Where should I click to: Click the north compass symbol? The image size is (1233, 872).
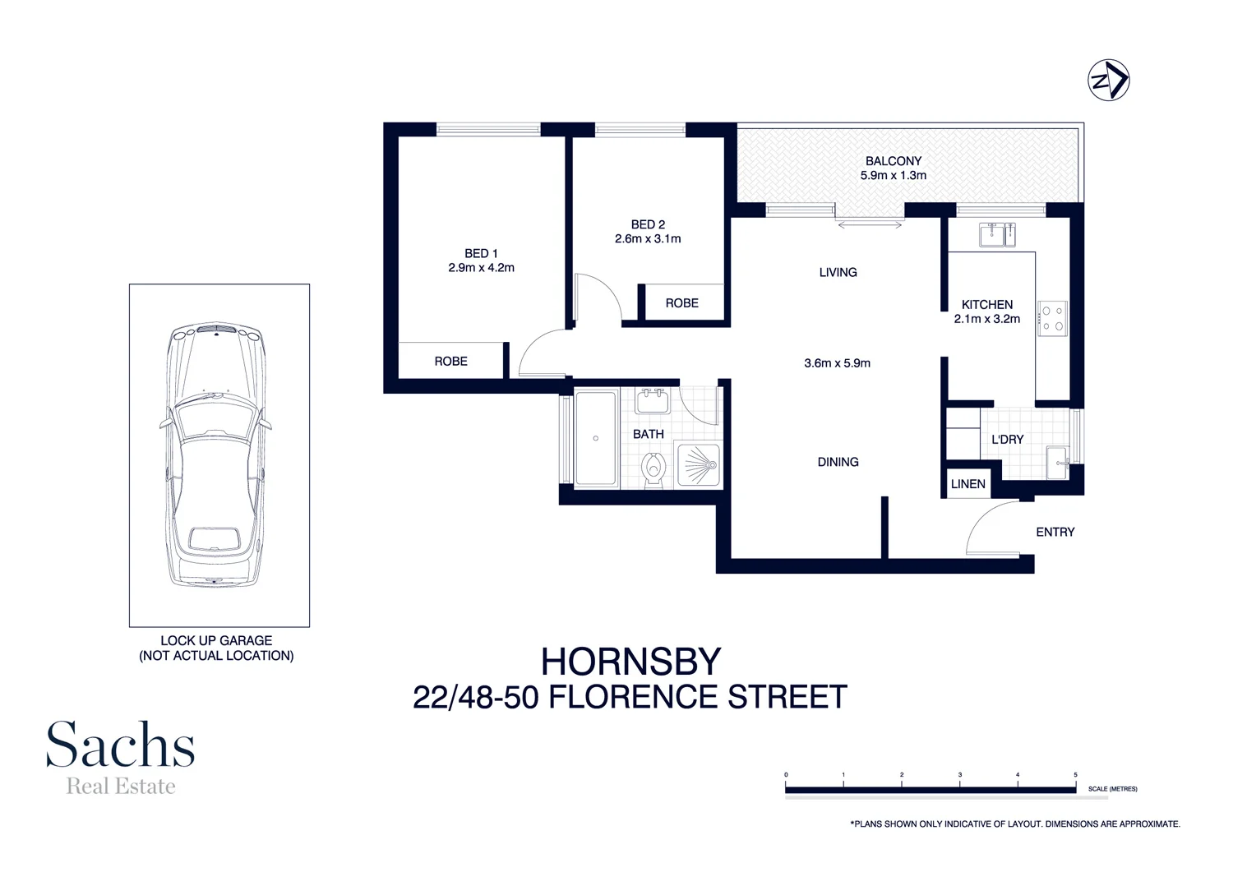click(x=1109, y=81)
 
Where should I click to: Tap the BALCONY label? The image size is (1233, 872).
click(x=893, y=161)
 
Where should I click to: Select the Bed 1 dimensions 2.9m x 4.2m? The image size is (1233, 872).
click(x=481, y=268)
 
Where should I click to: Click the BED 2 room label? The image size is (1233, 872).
click(x=648, y=224)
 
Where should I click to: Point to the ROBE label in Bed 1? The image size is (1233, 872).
click(x=450, y=362)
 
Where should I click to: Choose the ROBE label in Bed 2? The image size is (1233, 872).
click(x=681, y=303)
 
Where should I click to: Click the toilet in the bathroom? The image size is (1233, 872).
click(x=653, y=469)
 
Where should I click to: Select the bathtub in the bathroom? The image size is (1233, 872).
click(x=596, y=439)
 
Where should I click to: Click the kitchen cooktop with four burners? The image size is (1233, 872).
click(x=1051, y=319)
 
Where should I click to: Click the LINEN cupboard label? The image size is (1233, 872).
click(x=967, y=484)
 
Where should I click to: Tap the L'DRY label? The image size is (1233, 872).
click(x=1007, y=440)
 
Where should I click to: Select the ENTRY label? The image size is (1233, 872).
click(x=1055, y=533)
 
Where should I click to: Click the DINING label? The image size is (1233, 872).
click(x=838, y=462)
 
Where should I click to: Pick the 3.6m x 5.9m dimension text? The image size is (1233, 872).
click(x=837, y=363)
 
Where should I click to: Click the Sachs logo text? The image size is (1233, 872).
click(x=120, y=745)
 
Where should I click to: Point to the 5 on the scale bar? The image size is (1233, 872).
click(x=1075, y=775)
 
